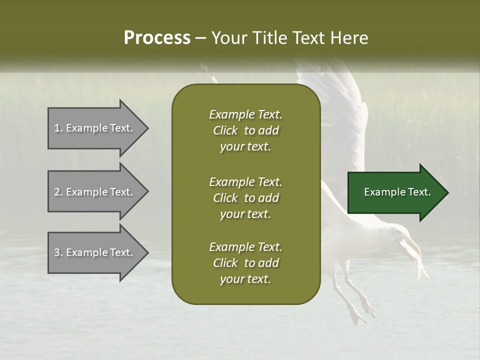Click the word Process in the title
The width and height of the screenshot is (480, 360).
point(157,38)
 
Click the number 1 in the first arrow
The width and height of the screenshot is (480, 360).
point(56,128)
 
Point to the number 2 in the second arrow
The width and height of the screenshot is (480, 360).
point(57,192)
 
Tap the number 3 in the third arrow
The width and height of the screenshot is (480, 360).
point(57,252)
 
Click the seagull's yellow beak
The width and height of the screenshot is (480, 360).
point(414,247)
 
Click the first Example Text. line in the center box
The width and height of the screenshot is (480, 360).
point(245,114)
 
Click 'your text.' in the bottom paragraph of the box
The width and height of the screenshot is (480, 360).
point(245,279)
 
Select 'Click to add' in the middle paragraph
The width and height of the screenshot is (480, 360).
point(245,198)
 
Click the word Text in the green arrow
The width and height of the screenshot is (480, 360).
point(420,192)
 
